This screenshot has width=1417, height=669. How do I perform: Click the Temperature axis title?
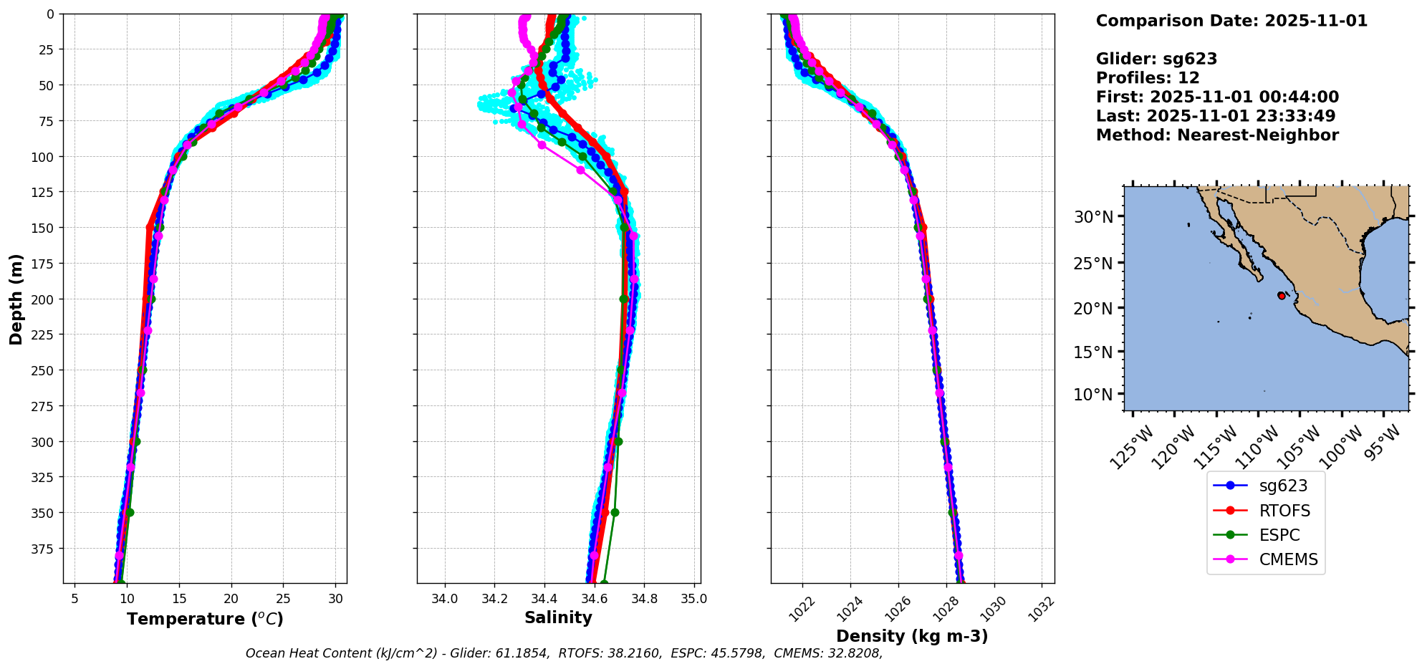[205, 619]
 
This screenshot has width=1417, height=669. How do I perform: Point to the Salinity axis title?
[558, 617]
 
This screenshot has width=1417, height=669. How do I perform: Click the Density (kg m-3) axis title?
[912, 636]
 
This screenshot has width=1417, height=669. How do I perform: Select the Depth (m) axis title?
[16, 299]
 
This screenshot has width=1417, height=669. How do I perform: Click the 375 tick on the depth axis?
[44, 549]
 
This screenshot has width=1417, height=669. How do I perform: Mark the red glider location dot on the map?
[1281, 296]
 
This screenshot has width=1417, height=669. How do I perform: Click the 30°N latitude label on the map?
[1093, 217]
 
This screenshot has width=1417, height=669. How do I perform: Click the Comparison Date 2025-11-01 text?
[1231, 21]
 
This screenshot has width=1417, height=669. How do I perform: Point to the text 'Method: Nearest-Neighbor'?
[1217, 135]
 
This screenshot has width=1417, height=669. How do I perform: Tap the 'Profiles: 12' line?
[1148, 78]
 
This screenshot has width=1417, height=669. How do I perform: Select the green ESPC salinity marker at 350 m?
[615, 512]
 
